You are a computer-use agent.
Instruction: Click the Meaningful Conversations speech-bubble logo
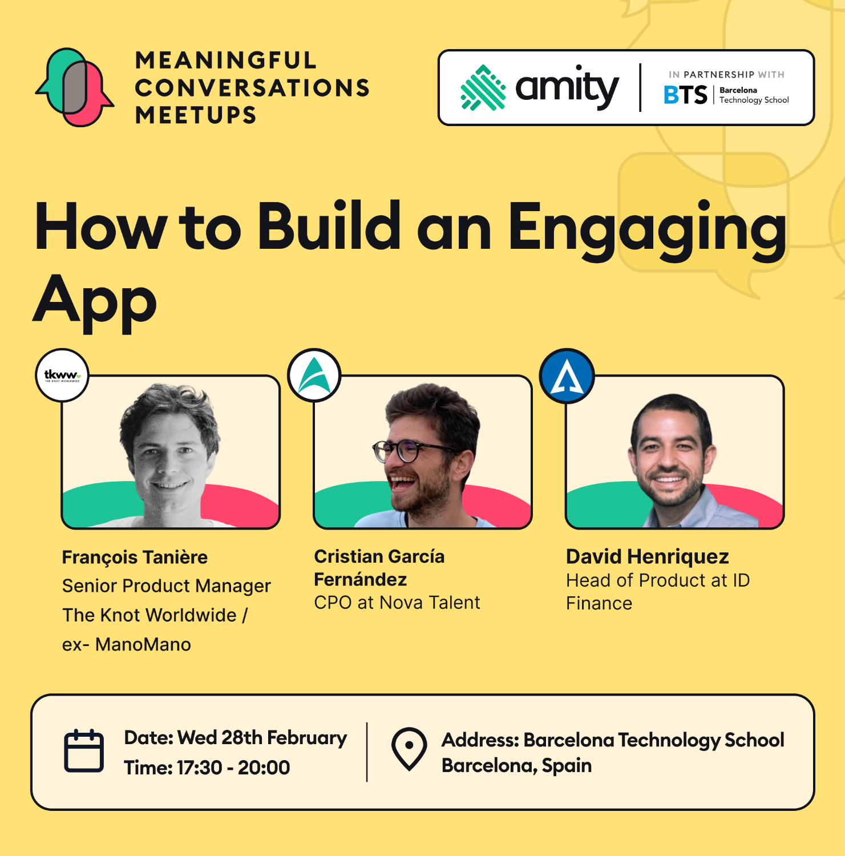(75, 87)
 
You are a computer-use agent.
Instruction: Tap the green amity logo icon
(483, 87)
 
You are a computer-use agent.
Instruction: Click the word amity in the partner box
(567, 88)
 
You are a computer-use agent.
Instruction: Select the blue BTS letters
(685, 95)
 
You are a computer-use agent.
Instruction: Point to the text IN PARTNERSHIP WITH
(726, 75)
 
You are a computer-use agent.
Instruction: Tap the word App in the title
(95, 302)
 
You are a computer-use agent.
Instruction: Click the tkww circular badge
(62, 375)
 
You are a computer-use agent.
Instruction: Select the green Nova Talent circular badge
(314, 375)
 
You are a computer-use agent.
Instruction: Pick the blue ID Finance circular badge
(567, 376)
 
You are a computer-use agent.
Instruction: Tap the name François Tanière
(135, 558)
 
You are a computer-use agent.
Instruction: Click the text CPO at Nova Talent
(397, 603)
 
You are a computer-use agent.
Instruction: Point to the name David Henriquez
(648, 556)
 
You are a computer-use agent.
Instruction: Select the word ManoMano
(143, 645)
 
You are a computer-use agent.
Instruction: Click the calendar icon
(84, 751)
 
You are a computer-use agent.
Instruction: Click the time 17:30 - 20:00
(233, 768)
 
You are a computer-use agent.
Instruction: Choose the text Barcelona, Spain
(516, 766)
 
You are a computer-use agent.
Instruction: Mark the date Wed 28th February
(262, 738)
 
